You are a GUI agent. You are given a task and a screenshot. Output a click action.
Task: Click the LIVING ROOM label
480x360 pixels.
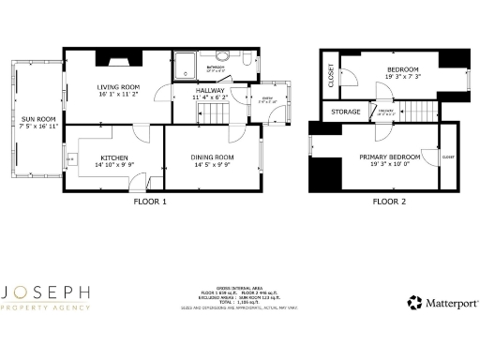pyautogui.click(x=119, y=87)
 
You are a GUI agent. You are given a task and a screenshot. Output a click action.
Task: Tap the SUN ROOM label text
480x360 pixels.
pyautogui.click(x=36, y=119)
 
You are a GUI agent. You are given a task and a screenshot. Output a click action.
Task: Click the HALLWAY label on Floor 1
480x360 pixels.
pyautogui.click(x=210, y=90)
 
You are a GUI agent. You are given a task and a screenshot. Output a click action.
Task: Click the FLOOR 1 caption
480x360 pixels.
pyautogui.click(x=150, y=201)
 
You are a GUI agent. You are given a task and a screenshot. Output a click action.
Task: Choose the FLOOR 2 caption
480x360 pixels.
pyautogui.click(x=389, y=201)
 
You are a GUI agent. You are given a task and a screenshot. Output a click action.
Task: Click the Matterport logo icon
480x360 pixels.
pyautogui.click(x=413, y=303)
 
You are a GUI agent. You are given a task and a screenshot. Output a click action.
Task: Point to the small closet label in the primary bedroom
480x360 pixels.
pyautogui.click(x=447, y=157)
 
